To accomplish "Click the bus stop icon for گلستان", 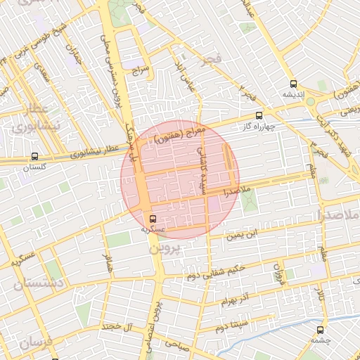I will tap(35, 157).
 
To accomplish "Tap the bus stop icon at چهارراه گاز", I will tap(259, 115).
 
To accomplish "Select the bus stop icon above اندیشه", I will tap(292, 84).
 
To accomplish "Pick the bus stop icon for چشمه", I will tap(321, 329).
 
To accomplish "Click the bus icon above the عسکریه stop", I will tap(153, 217).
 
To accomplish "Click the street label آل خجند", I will tap(118, 326).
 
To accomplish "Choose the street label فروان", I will tap(278, 276).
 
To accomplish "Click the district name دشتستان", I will tap(39, 283).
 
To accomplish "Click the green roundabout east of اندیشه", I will tap(310, 101).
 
